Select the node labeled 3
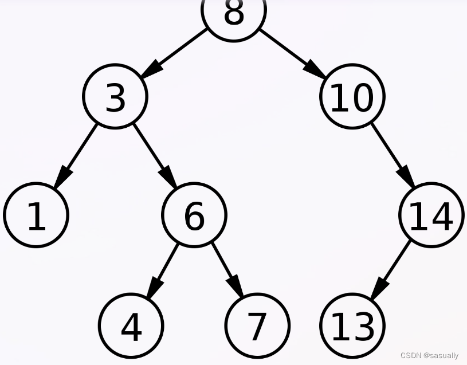115,96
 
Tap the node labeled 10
352,96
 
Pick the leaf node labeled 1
36,215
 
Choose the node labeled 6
194,215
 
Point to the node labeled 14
431,215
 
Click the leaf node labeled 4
131,325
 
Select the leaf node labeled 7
257,325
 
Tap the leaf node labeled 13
352,325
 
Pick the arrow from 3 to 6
154,155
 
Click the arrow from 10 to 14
392,155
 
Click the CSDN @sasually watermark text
429,355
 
